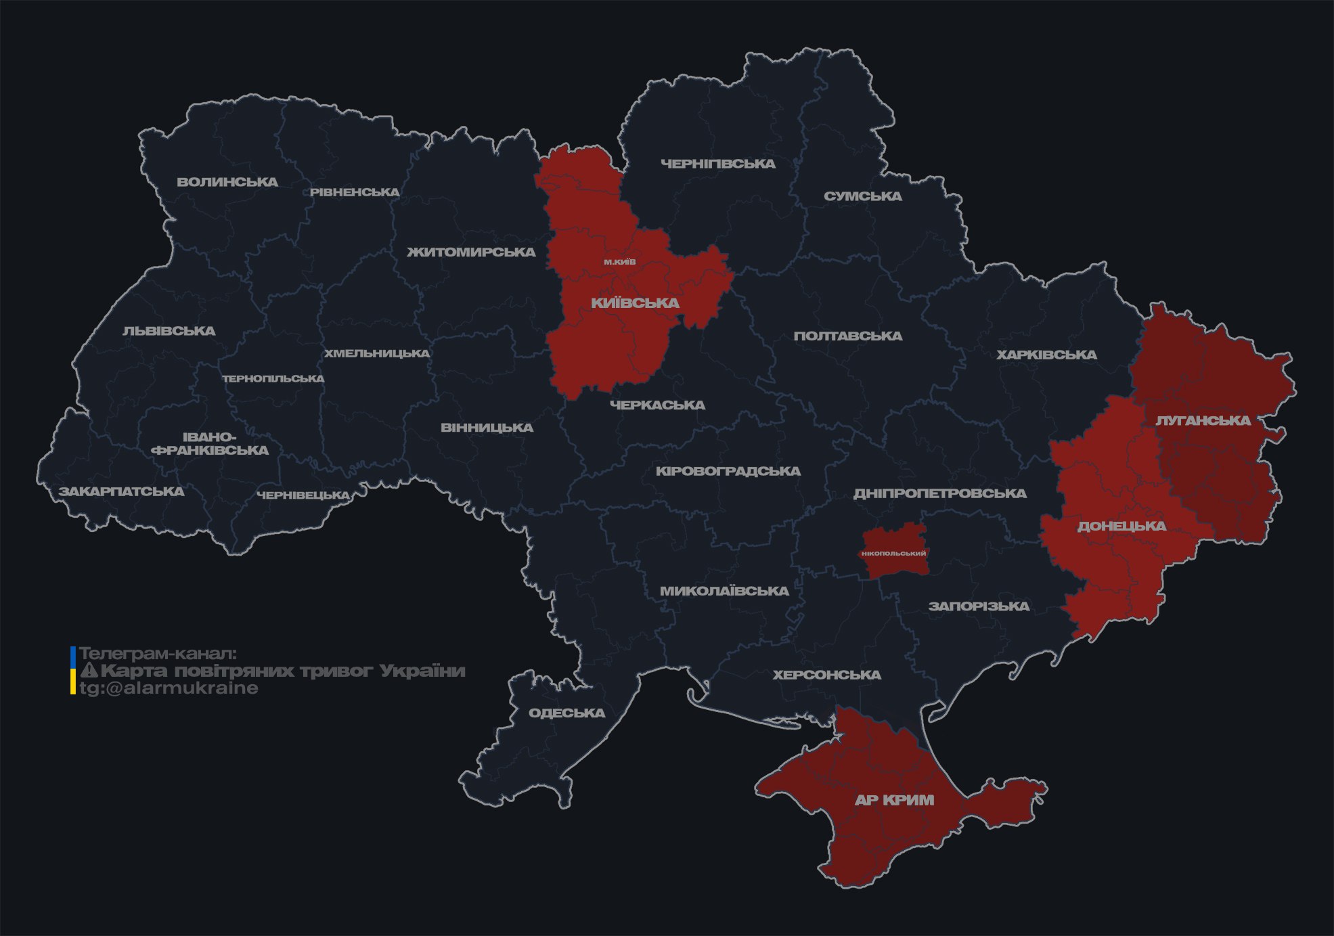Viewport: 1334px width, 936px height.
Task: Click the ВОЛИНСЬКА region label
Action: click(227, 182)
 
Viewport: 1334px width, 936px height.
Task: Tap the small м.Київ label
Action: click(620, 262)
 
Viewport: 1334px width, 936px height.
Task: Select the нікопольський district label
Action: click(893, 554)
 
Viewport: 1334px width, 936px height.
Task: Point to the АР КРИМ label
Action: click(894, 800)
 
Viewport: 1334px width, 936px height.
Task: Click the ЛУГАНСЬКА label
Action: click(1203, 421)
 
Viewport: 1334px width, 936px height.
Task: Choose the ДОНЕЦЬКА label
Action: click(1121, 526)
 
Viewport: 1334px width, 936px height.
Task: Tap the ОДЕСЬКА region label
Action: click(566, 713)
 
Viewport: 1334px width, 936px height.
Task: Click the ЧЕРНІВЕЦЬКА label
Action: click(303, 495)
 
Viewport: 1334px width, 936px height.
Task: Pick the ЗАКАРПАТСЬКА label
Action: click(121, 491)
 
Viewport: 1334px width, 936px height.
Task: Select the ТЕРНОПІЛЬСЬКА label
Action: click(273, 379)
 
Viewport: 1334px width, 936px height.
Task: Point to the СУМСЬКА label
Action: click(862, 196)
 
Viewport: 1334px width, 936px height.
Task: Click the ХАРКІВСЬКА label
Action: click(1046, 355)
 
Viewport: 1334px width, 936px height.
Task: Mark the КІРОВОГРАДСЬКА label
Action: click(728, 471)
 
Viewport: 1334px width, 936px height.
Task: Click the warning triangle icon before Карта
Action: click(89, 671)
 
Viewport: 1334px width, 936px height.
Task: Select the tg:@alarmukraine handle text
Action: click(169, 688)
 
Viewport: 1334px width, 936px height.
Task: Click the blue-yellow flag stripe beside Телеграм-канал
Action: click(73, 671)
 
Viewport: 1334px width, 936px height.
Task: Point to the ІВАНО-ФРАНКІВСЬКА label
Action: click(210, 443)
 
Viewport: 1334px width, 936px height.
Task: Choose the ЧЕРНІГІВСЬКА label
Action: click(717, 164)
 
